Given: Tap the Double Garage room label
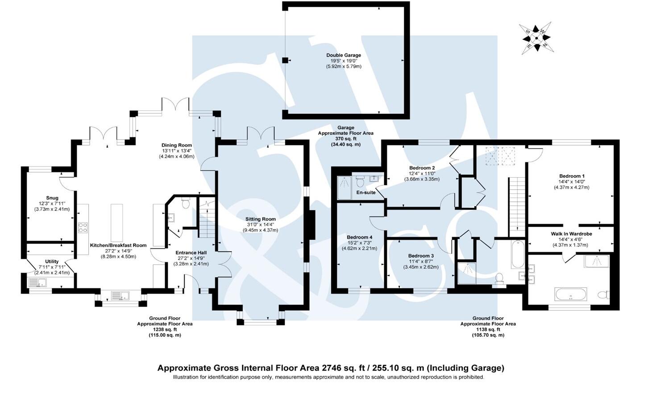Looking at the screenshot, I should (x=343, y=55).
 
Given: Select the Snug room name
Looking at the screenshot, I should (x=52, y=198).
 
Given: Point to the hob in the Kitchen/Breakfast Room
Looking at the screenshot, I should (x=83, y=228).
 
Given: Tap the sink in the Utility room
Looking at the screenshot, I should (x=37, y=282).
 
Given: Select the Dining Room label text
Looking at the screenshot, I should (x=176, y=145).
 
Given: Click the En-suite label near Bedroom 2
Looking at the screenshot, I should (x=365, y=192).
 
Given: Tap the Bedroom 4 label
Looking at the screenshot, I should (x=359, y=237).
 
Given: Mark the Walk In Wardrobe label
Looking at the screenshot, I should (x=571, y=233).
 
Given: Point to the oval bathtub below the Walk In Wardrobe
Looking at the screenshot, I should (x=570, y=294).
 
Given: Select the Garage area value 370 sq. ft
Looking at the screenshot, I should (x=345, y=139).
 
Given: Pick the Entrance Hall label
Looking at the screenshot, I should (x=191, y=253).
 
